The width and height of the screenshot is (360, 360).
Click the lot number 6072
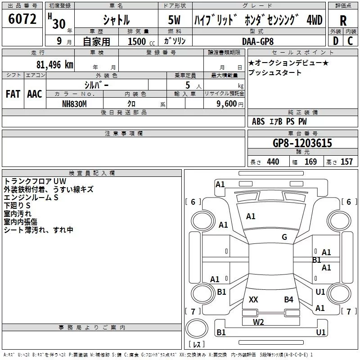[x=22, y=18]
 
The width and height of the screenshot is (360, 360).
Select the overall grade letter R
[x=343, y=21]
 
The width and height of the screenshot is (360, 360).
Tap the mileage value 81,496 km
[x=54, y=64]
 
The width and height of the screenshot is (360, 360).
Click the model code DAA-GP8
[x=258, y=41]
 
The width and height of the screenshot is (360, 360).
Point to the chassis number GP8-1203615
[x=302, y=143]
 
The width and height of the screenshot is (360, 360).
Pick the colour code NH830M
[x=74, y=104]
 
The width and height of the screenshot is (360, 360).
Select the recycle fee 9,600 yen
[x=230, y=104]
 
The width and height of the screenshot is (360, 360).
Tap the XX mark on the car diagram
[x=253, y=299]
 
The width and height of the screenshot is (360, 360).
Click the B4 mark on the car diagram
[x=288, y=299]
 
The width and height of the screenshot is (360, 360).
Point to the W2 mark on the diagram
[x=258, y=322]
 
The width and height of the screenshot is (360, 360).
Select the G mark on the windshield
[x=284, y=237]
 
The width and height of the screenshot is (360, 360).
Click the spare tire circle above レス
[x=197, y=328]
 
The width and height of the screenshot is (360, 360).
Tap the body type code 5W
[x=174, y=20]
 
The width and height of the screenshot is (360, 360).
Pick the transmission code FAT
[x=13, y=94]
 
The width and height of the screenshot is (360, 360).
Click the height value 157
[x=346, y=162]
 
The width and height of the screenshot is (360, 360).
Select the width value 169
[x=310, y=162]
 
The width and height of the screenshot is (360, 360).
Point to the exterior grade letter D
[x=335, y=41]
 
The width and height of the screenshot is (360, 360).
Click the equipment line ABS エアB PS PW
[x=279, y=121]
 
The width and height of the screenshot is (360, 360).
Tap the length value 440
[x=273, y=162]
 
